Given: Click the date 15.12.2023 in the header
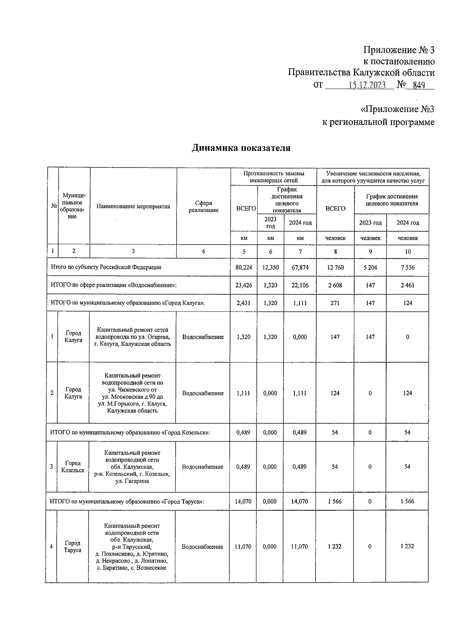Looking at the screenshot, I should [366, 85].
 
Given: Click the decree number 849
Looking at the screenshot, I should [419, 85].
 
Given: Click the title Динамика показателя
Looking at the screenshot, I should [241, 148].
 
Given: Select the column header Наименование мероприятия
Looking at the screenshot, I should [133, 206].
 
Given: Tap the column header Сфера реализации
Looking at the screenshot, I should [203, 206].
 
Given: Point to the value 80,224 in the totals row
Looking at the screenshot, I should [243, 267].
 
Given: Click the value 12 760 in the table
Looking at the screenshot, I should [335, 267].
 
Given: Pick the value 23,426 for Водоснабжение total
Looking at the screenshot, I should [243, 285].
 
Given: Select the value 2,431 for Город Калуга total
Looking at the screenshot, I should [243, 303].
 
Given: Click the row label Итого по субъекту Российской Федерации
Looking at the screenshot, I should [106, 267].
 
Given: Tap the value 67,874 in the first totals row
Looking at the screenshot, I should [300, 267].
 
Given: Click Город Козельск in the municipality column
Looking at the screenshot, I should [73, 467].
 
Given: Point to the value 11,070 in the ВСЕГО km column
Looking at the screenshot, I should [243, 546].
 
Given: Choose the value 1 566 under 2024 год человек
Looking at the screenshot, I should [407, 501].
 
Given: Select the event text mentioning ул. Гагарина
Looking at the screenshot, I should [132, 467].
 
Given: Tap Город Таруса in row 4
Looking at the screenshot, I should [72, 546].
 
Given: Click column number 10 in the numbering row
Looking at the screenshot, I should [408, 252].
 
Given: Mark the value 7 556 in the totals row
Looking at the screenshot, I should [408, 267].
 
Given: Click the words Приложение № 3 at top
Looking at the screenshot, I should [399, 50].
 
